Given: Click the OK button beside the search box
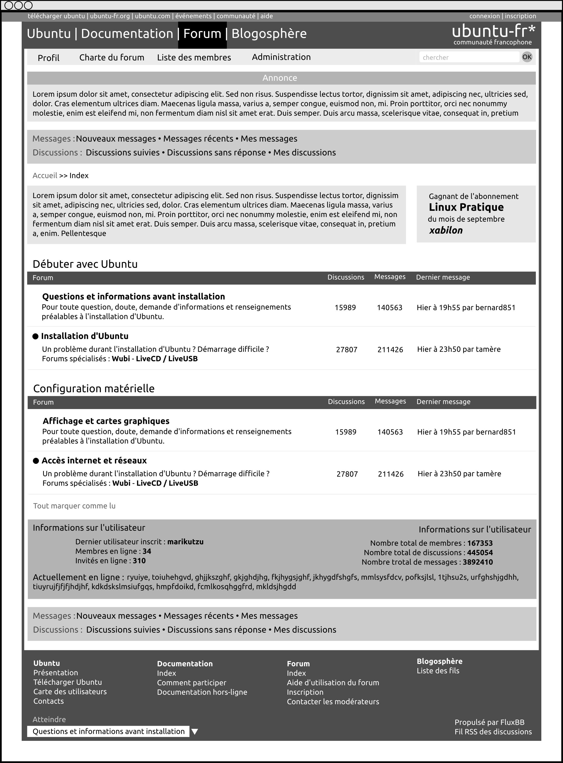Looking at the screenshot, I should tap(527, 57).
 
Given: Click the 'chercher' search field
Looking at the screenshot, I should tap(469, 57).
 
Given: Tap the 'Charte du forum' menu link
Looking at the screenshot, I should tap(112, 57).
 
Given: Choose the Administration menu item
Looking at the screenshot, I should tap(281, 57).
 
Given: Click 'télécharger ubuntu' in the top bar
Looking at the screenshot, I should tap(56, 16).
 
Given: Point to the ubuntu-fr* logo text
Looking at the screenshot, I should tap(493, 31).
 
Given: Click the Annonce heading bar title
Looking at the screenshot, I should tap(280, 78).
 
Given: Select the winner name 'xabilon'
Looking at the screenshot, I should tap(446, 230).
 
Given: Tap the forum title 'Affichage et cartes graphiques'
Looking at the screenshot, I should tap(106, 421).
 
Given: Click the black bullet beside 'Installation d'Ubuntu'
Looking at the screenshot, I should tap(36, 336).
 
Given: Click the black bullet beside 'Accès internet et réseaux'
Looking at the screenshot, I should tap(36, 461).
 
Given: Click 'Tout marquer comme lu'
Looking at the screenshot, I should tap(74, 506).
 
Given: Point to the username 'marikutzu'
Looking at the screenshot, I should tap(185, 542).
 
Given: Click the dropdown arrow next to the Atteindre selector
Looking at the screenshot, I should tap(195, 732).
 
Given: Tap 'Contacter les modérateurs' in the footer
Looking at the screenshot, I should tap(333, 702).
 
